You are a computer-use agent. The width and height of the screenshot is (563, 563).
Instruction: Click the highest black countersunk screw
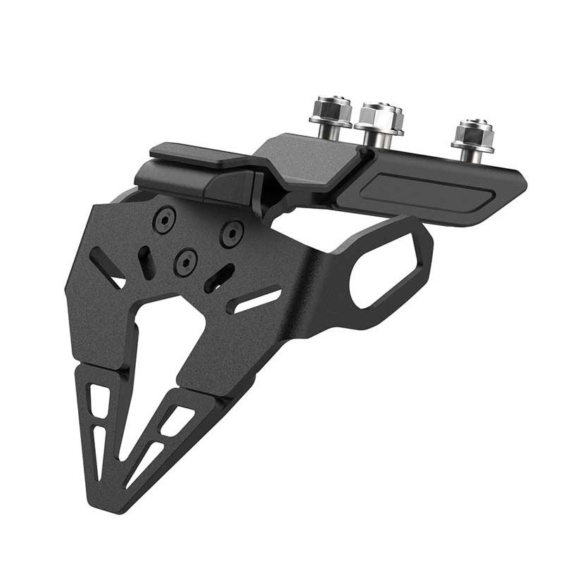[x=164, y=220]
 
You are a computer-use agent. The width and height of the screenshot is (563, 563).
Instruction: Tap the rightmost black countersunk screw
[x=232, y=233]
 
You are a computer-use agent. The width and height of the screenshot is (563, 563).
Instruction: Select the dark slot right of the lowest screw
[x=220, y=277]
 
